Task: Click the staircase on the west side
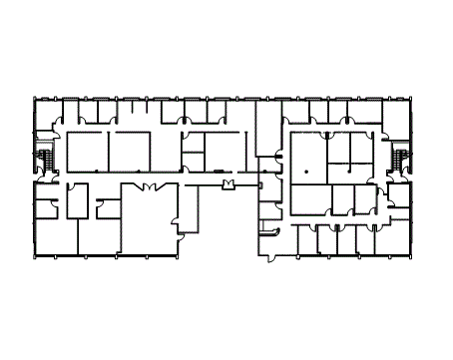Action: point(45,160)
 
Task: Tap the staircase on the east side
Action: point(401,160)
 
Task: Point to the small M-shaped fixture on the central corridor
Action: point(228,184)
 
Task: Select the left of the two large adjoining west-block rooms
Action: point(86,152)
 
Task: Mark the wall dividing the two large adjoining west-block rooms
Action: point(108,152)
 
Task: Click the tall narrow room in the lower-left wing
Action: point(76,200)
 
